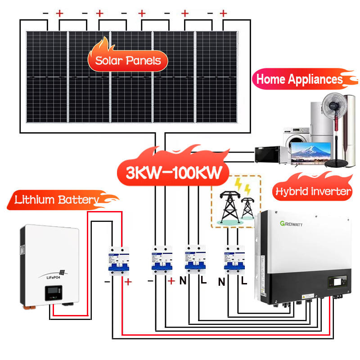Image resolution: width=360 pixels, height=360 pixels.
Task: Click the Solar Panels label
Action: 128,61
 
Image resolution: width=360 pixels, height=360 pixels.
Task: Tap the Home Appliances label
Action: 299,80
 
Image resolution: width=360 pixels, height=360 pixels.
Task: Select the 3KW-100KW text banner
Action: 171,173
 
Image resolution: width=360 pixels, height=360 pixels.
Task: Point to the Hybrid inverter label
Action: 312,192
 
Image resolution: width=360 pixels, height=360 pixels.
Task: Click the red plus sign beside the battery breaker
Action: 129,283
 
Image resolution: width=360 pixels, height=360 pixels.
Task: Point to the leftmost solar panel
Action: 47,77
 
